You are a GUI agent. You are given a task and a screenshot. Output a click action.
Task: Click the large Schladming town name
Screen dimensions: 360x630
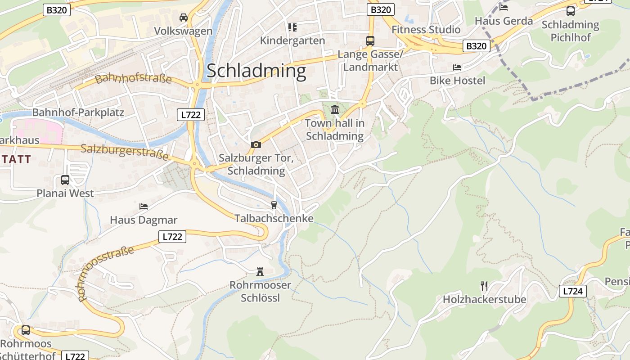click(x=256, y=71)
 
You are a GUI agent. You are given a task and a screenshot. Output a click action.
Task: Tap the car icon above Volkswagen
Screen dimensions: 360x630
click(x=184, y=18)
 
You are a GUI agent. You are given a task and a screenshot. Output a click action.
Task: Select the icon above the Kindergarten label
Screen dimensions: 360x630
click(x=292, y=27)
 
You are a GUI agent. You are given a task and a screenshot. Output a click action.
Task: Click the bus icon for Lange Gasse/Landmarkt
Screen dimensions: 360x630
click(x=370, y=41)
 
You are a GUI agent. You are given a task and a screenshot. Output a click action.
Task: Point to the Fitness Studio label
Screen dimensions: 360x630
click(x=426, y=30)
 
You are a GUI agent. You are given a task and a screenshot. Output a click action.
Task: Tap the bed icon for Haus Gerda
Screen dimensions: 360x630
click(x=504, y=7)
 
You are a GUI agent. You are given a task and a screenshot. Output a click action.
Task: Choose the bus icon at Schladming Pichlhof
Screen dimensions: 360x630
click(x=570, y=11)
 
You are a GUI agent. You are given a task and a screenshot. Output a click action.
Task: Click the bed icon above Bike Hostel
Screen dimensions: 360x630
click(x=457, y=67)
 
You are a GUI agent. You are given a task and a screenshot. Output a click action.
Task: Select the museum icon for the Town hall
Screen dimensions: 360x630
click(x=335, y=109)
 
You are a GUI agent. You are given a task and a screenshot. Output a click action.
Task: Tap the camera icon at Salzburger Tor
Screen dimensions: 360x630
click(x=256, y=144)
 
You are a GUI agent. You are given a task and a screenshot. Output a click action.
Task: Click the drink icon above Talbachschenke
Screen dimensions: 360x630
click(x=274, y=205)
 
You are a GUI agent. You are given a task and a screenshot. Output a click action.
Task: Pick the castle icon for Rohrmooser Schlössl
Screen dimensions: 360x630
click(x=260, y=271)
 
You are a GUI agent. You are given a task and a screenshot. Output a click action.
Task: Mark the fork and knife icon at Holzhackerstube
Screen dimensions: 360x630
click(x=484, y=286)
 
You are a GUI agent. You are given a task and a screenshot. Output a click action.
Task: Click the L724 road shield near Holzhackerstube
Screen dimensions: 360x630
click(x=573, y=291)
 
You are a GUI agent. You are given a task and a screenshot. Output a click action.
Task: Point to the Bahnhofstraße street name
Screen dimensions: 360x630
click(x=134, y=78)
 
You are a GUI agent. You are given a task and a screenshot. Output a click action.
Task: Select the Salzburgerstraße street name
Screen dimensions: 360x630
click(x=125, y=152)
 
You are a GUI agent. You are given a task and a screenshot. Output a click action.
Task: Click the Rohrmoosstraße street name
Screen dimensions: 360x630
click(x=106, y=273)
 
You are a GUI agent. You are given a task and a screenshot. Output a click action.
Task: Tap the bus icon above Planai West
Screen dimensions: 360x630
click(x=65, y=180)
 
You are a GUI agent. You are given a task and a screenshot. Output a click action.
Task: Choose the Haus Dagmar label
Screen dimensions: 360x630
click(x=144, y=220)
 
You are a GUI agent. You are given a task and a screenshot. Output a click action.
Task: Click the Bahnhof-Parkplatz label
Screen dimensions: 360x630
click(x=78, y=112)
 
